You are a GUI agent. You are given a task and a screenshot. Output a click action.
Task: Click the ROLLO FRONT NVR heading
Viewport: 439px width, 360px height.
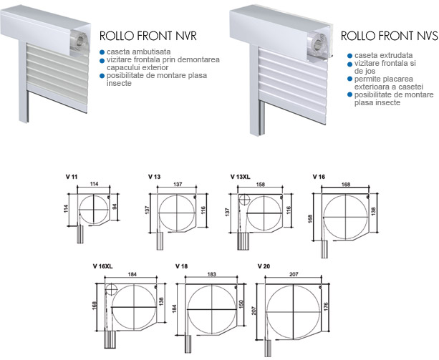pos(148,36)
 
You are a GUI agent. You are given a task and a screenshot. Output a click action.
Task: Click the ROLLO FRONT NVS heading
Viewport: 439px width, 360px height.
pos(390,36)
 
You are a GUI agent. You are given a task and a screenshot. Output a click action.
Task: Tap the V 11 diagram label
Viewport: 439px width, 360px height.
pos(72,177)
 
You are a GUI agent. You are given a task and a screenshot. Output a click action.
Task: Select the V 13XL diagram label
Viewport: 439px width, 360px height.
pos(241,177)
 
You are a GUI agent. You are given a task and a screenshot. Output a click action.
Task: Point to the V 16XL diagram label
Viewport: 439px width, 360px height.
pos(102,266)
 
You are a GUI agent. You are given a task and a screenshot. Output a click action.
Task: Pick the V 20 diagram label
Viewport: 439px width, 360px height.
pos(264,266)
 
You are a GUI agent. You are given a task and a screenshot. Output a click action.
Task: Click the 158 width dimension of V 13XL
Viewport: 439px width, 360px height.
pos(261,185)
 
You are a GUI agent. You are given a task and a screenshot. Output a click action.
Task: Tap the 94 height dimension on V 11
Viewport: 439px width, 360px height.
pos(115,207)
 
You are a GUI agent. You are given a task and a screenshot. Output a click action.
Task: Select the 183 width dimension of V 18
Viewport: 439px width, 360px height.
pos(212,274)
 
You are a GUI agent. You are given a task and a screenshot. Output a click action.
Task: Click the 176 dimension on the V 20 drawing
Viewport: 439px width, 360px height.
pos(325,306)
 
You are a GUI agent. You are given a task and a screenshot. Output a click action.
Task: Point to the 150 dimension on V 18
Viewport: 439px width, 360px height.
pos(242,304)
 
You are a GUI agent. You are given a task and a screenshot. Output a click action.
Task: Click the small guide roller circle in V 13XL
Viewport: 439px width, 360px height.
pos(244,200)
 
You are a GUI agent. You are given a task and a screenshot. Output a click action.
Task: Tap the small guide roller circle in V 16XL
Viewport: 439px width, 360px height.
pos(111,290)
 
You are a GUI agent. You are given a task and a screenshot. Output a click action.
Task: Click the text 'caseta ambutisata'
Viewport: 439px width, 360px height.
pos(139,52)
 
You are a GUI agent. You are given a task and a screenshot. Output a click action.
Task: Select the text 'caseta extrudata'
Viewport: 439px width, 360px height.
pos(384,55)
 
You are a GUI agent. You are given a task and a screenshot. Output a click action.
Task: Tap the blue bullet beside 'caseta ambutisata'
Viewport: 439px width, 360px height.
pos(102,52)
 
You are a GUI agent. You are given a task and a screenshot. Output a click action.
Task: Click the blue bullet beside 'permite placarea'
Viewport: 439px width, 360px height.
pos(349,79)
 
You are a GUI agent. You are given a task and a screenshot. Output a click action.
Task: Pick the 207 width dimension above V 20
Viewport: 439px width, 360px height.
pos(294,274)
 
